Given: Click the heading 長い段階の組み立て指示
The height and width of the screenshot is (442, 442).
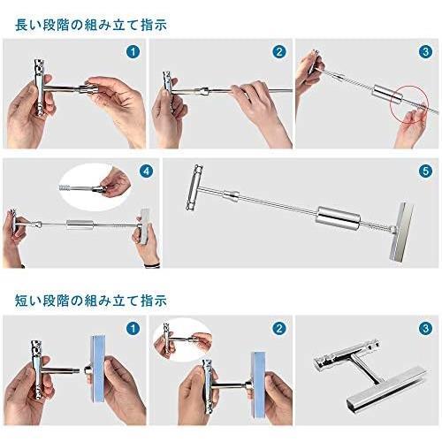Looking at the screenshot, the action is [x=91, y=25].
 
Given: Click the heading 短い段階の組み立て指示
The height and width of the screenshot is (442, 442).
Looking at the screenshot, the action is [x=91, y=301].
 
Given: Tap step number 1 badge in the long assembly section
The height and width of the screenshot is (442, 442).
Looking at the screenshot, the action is [x=133, y=52].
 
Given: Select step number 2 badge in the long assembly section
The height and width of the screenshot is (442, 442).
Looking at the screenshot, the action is [x=279, y=52].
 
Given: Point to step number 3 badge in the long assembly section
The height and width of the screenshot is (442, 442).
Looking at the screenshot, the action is [x=425, y=52].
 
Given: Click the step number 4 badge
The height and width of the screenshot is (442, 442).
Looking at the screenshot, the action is [x=147, y=171].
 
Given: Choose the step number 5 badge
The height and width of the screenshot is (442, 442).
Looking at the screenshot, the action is [x=425, y=171].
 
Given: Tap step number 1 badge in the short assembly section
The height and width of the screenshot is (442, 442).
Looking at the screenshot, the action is [x=133, y=328].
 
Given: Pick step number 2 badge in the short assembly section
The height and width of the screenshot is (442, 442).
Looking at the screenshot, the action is [x=279, y=328].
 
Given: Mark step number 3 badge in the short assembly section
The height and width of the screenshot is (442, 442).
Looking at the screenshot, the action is [x=425, y=328].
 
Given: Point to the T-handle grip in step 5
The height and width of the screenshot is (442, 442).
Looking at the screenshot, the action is [x=194, y=187].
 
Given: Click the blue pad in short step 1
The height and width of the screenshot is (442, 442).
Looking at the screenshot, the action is [x=97, y=369].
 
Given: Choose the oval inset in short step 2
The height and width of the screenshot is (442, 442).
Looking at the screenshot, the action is [x=183, y=339].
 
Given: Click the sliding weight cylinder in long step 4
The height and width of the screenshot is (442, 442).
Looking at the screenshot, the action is [x=80, y=225].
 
